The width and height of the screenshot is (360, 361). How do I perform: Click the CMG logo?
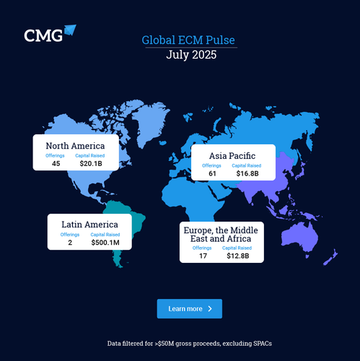coord(50,33)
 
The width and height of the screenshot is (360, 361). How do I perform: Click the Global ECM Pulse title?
coord(188,40)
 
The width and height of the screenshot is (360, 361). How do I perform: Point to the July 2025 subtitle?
coord(191,55)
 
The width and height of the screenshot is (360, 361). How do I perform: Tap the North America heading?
coord(75,146)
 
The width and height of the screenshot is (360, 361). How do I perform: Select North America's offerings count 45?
coord(56,164)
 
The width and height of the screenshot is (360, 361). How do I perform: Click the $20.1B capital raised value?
coord(91,164)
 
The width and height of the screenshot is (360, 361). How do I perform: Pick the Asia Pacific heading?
coord(232,156)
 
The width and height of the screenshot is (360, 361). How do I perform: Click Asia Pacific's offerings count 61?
coord(212,173)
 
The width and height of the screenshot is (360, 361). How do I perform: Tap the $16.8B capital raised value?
coord(247,173)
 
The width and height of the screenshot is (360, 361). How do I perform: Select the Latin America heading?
coord(89,225)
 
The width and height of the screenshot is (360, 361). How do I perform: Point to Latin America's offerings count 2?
coord(70,243)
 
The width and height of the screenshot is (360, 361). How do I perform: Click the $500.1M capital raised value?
coord(105,243)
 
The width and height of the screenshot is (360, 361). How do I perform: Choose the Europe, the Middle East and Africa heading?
coord(221,235)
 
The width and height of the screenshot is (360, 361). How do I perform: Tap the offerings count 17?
coord(203,256)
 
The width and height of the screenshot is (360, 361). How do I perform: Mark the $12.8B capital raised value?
coord(238,256)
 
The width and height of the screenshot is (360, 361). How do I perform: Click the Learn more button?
coord(190,309)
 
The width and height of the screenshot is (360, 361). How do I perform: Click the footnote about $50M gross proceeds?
coord(190,344)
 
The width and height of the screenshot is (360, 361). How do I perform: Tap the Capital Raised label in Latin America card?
coord(105,235)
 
